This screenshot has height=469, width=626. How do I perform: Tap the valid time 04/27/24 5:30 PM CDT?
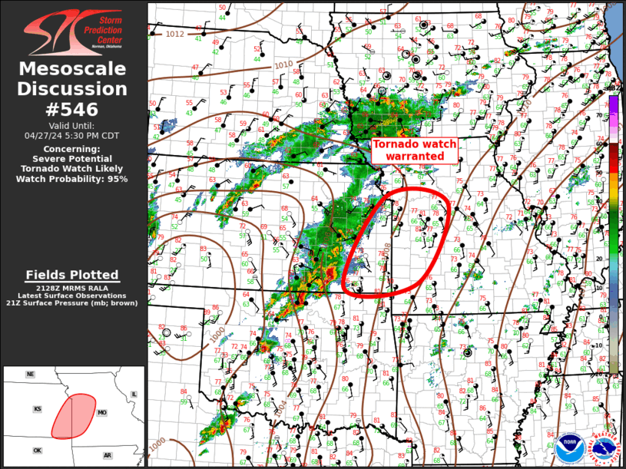(72, 135)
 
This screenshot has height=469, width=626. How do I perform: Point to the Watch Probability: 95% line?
(72, 179)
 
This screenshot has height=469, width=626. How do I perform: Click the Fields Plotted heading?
(72, 275)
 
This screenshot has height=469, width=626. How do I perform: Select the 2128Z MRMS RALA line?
(72, 287)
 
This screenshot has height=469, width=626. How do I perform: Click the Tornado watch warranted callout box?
(414, 150)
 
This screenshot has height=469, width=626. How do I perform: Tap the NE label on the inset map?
(31, 375)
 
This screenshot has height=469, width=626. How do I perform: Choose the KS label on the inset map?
(37, 409)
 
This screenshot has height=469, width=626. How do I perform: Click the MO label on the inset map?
(101, 413)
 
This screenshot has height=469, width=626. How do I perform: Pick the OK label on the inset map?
(37, 451)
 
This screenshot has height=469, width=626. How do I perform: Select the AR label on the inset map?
(108, 455)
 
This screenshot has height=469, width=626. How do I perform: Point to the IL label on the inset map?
(134, 395)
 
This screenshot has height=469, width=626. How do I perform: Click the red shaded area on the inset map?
(74, 415)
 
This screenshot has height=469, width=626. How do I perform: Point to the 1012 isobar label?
(175, 34)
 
